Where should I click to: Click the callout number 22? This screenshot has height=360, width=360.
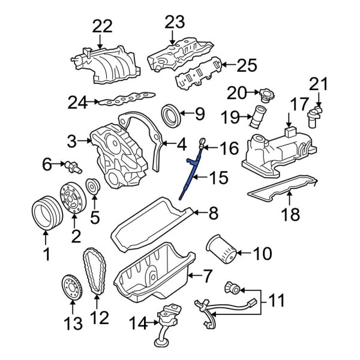click(x=102, y=26)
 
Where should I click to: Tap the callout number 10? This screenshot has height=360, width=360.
click(x=262, y=254)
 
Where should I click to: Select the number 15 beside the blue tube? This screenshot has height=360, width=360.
click(x=219, y=177)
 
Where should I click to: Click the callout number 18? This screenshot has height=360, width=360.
click(x=290, y=214)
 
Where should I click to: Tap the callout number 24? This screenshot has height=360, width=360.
click(x=77, y=103)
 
